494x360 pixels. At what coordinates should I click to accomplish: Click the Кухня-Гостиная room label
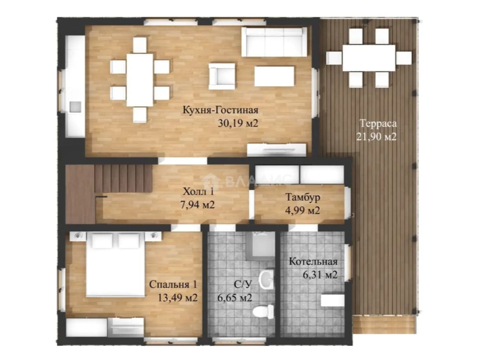pyautogui.click(x=220, y=110)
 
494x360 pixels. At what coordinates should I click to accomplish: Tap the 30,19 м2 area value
pyautogui.click(x=238, y=123)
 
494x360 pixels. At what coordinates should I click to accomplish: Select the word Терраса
pyautogui.click(x=378, y=123)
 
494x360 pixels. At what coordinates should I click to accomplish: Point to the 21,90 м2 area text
pyautogui.click(x=377, y=137)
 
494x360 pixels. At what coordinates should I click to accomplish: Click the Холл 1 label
pyautogui.click(x=198, y=192)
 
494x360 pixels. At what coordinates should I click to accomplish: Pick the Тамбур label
pyautogui.click(x=303, y=197)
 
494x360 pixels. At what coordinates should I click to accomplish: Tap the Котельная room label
pyautogui.click(x=313, y=262)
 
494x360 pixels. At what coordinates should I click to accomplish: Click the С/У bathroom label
pyautogui.click(x=242, y=285)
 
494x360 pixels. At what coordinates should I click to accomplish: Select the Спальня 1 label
pyautogui.click(x=173, y=285)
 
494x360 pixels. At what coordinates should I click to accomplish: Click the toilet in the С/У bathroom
pyautogui.click(x=263, y=312)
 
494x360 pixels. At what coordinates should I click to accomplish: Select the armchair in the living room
pyautogui.click(x=222, y=76)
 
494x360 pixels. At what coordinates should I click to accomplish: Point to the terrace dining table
pyautogui.click(x=369, y=58)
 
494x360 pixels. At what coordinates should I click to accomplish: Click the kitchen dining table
pyautogui.click(x=140, y=80)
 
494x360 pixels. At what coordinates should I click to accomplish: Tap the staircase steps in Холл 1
pyautogui.click(x=123, y=179)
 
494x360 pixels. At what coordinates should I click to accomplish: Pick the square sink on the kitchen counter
pyautogui.click(x=75, y=107)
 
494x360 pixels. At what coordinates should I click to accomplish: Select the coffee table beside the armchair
pyautogui.click(x=274, y=76)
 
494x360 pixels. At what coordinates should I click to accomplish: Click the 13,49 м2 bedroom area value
pyautogui.click(x=178, y=298)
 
